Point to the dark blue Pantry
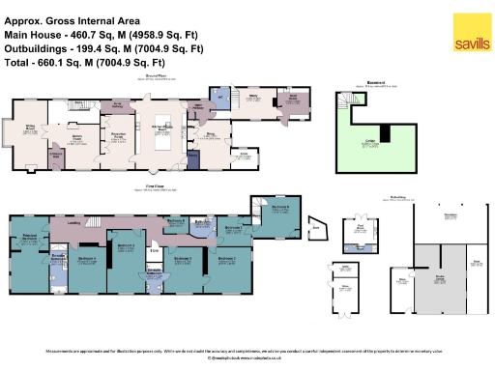(193, 155)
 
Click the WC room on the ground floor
(218, 98)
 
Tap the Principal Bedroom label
(29, 237)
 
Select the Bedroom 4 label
(87, 258)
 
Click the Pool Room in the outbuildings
(360, 229)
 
